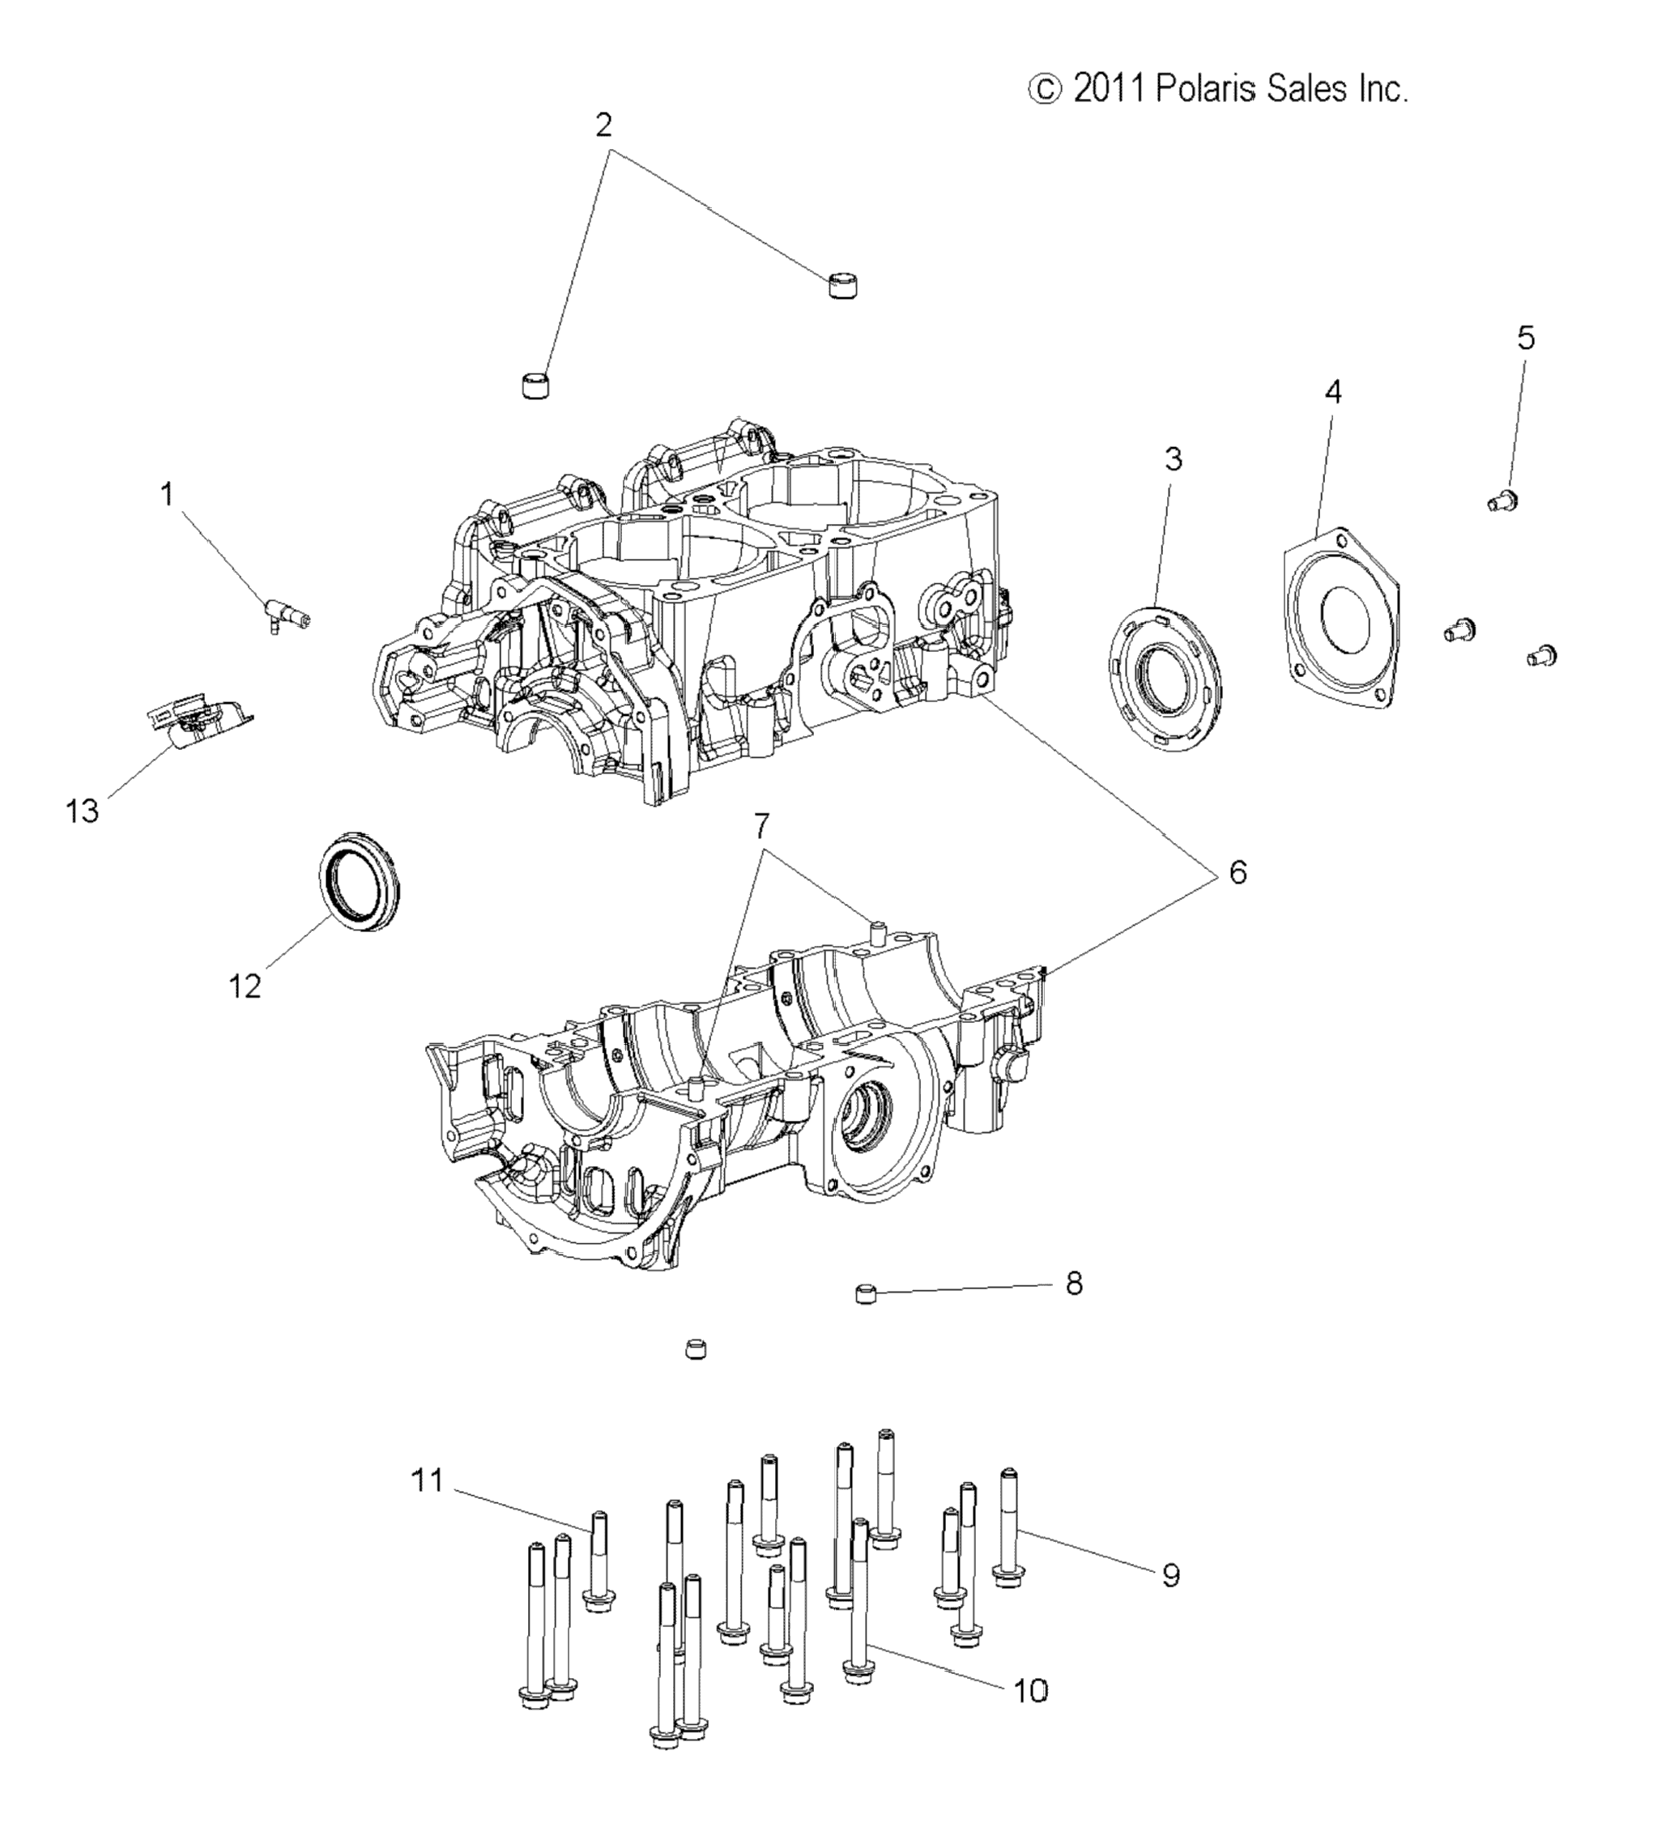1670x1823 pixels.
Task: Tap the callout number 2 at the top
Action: (604, 125)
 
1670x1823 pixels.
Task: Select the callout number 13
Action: (83, 811)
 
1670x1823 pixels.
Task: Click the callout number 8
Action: (1074, 1283)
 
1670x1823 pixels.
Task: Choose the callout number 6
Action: (1237, 872)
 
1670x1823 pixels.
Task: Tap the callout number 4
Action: (1334, 391)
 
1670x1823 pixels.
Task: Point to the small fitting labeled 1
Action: (288, 615)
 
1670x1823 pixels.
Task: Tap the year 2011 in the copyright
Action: (1110, 90)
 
